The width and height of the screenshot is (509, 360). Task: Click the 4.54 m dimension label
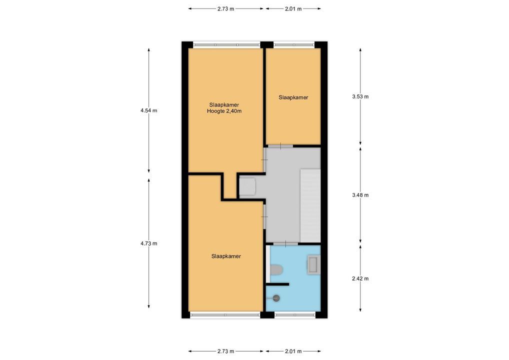[148, 110]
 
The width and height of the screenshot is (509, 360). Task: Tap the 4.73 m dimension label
[148, 243]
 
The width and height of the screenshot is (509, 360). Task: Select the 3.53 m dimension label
[360, 96]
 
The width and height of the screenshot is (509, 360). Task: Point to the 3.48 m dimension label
[360, 195]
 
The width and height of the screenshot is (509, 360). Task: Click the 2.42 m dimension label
[360, 278]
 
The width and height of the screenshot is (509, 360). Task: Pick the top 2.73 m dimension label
[225, 9]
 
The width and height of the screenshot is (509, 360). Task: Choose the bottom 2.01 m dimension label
[293, 351]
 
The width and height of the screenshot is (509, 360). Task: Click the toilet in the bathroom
[276, 269]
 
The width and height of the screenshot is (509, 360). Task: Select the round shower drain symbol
[276, 298]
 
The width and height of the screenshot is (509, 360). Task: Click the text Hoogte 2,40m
[224, 111]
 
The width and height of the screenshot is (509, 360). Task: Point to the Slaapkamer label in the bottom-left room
[226, 256]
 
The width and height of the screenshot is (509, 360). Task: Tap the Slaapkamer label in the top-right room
[293, 97]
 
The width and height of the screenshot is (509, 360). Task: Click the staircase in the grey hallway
[310, 205]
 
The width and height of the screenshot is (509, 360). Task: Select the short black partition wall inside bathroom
[277, 284]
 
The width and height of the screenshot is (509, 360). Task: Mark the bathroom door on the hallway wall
[285, 243]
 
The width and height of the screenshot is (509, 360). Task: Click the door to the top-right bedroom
[280, 146]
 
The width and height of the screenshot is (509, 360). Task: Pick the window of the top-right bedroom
[294, 44]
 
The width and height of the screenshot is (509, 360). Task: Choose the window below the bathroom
[295, 314]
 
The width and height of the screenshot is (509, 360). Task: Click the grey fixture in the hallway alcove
[247, 186]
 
